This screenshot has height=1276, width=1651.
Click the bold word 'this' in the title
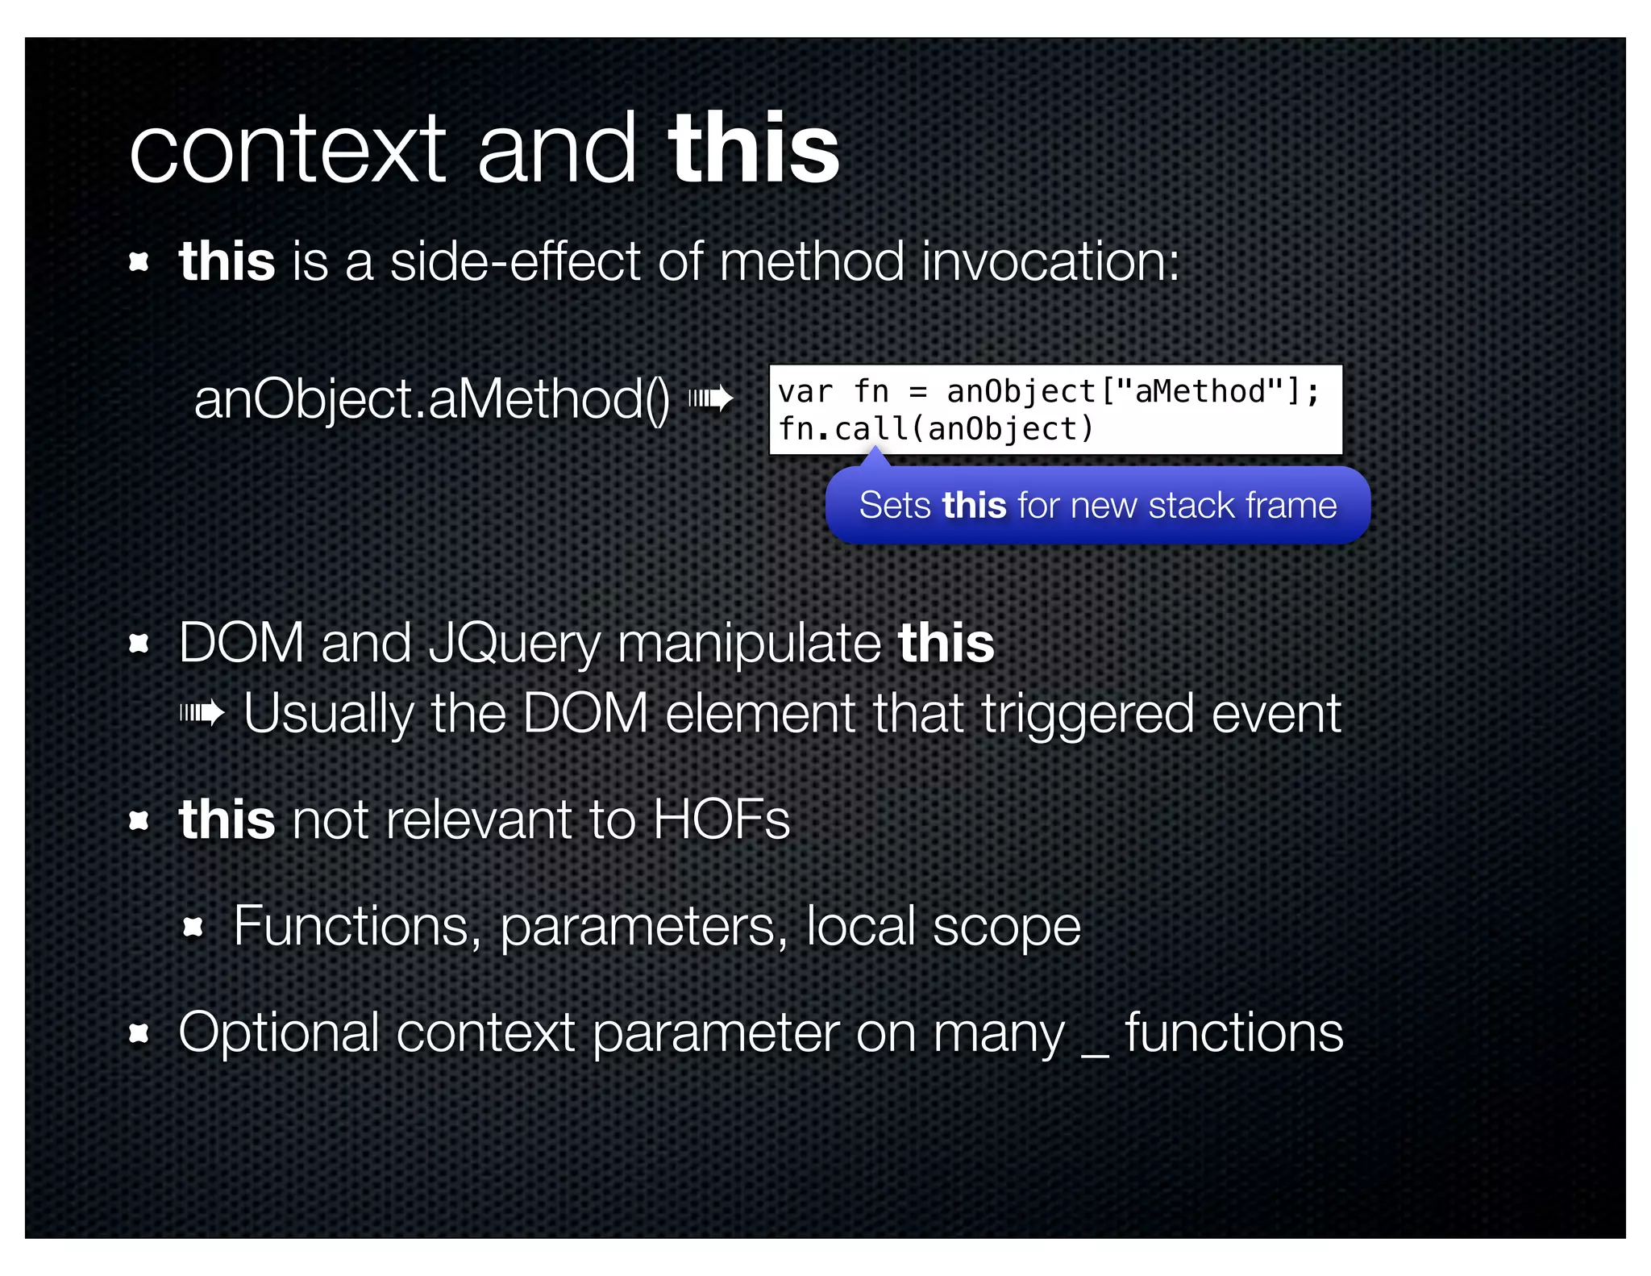click(x=754, y=149)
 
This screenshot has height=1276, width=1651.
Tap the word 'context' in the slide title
click(x=287, y=151)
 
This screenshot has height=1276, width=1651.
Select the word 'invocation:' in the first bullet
click(x=1050, y=262)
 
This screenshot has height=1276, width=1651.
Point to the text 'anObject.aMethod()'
click(x=431, y=399)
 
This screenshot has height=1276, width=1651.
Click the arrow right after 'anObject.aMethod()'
click(x=711, y=398)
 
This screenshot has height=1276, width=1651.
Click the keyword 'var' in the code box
click(x=805, y=392)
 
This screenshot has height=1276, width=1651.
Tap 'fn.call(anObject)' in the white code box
click(x=935, y=429)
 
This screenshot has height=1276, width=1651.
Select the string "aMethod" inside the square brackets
click(x=1200, y=392)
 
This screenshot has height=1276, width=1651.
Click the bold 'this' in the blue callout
click(x=974, y=506)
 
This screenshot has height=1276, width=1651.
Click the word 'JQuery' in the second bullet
click(x=514, y=644)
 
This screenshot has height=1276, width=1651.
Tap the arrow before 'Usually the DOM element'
click(x=202, y=713)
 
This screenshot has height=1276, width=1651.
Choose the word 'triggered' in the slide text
click(x=1087, y=714)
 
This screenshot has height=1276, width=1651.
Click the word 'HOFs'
click(x=722, y=820)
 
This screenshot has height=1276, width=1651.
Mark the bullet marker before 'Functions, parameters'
click(x=193, y=927)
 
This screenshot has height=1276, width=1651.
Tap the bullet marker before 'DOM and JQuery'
click(x=139, y=644)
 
